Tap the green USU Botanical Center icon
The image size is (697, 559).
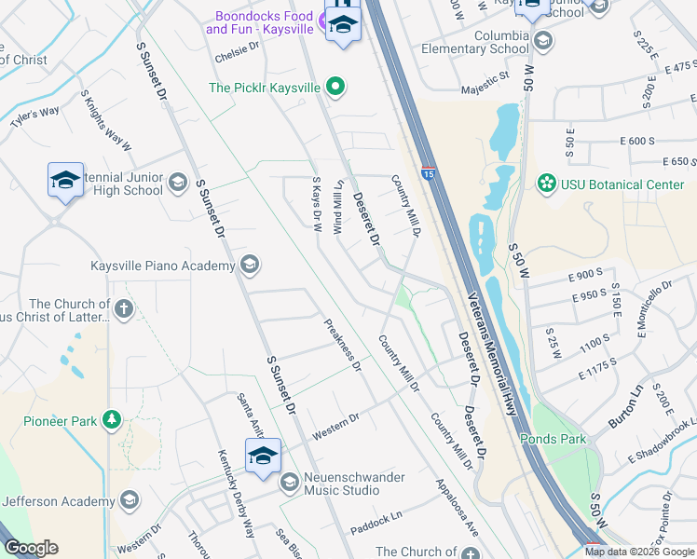[546, 184]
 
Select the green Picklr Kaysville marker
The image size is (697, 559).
[335, 88]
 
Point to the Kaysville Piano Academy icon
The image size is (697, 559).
[249, 266]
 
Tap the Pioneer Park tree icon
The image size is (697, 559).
[112, 421]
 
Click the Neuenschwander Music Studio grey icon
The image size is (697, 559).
[289, 482]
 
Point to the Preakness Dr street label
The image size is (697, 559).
[342, 346]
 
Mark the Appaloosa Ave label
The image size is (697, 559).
[457, 508]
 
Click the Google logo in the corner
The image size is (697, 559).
[31, 548]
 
